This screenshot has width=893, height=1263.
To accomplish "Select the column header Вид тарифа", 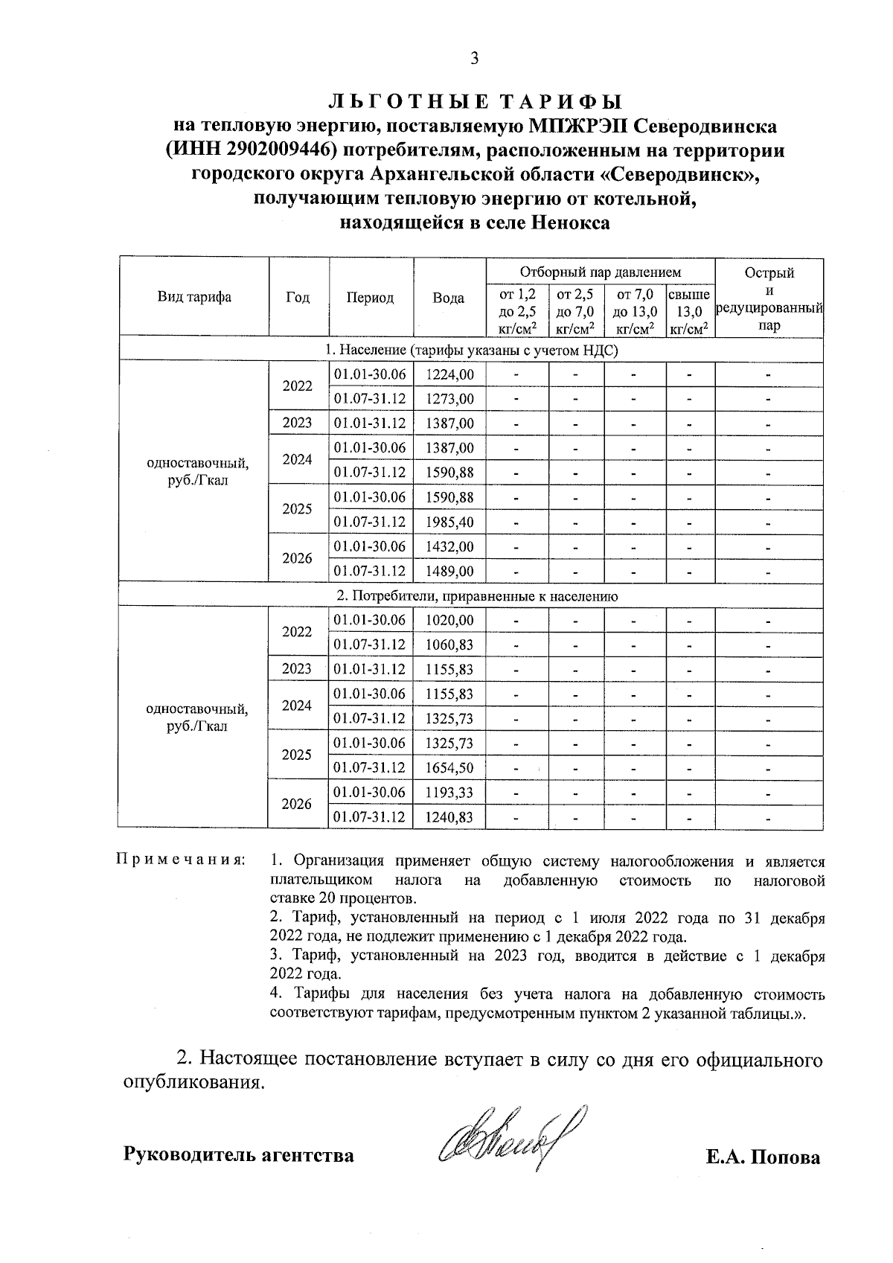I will (193, 297).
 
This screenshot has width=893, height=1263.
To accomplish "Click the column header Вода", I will (449, 298).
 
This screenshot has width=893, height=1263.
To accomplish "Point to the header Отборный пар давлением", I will (600, 272).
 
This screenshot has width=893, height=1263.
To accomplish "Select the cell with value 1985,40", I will (449, 522).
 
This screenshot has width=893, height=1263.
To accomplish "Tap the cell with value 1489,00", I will (449, 572).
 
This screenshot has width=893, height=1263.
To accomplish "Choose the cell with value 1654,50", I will (449, 768).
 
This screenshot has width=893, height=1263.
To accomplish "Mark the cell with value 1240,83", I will (449, 817).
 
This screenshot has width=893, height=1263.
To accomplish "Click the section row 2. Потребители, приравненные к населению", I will (476, 596).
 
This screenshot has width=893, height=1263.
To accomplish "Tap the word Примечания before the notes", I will (180, 861).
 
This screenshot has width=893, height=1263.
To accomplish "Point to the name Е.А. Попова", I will (764, 1157).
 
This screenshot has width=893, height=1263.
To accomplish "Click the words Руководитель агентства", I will (237, 1156).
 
